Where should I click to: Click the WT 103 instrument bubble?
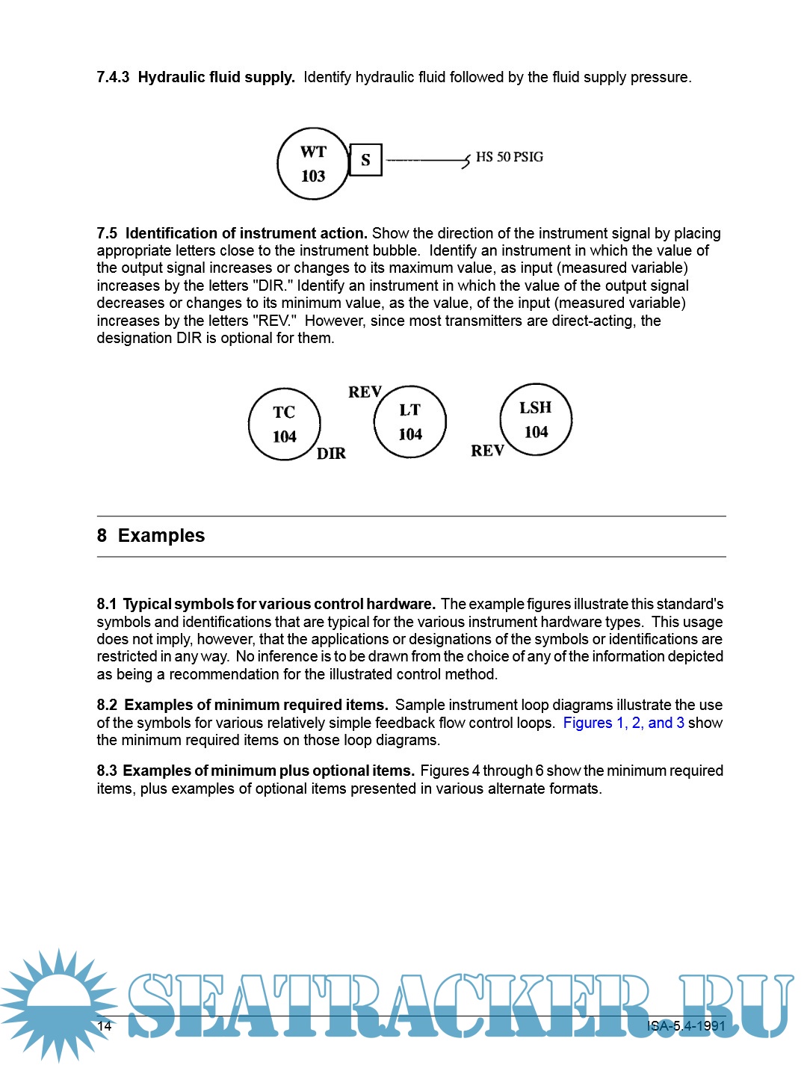[313, 164]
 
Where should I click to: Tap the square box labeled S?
[365, 160]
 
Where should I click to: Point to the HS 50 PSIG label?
[510, 157]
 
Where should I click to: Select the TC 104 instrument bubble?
[285, 424]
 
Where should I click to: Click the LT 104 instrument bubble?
[410, 422]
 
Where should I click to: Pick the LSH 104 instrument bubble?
[536, 419]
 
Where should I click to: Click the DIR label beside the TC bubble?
[331, 454]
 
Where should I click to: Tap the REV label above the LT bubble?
[365, 392]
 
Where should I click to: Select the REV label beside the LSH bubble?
[487, 451]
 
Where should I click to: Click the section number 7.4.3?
[113, 77]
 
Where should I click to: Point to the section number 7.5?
[107, 233]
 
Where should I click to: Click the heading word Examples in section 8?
[161, 536]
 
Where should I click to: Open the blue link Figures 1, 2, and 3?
[623, 723]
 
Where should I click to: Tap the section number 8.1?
[107, 604]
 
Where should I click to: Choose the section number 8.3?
[107, 771]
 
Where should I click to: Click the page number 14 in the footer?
[105, 1025]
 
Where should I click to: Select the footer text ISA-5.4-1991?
[686, 1025]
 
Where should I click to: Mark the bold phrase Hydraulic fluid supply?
[217, 77]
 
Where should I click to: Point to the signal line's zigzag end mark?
[466, 160]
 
